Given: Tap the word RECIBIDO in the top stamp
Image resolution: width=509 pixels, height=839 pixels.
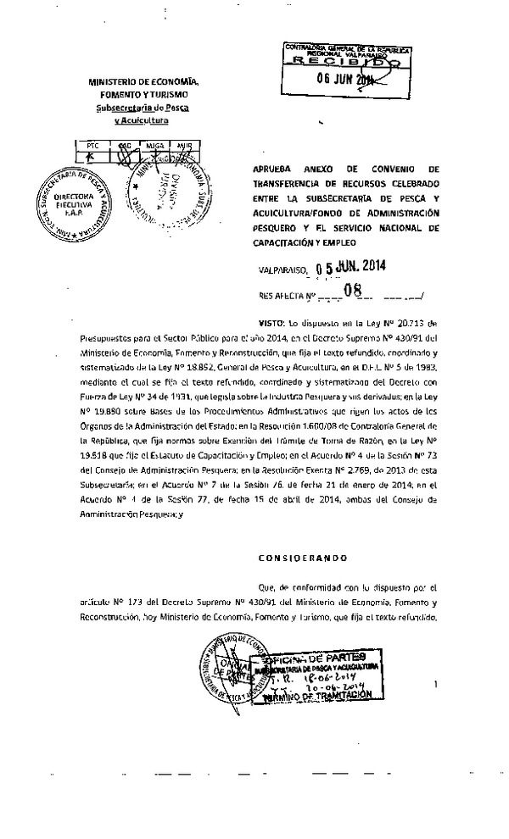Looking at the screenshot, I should [344, 62].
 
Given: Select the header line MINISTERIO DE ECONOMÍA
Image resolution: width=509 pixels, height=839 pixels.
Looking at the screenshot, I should [143, 82].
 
